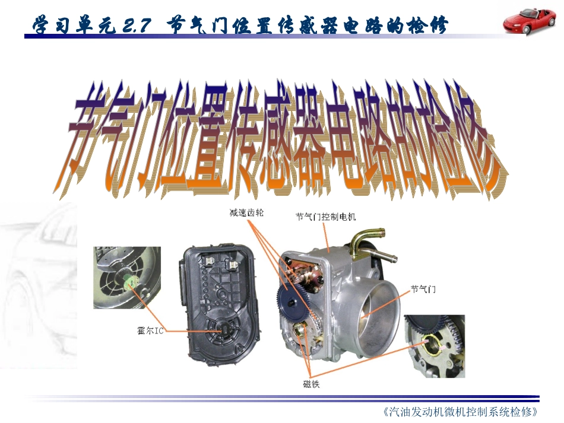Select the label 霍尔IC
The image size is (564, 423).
150,330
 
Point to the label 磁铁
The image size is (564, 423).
311,384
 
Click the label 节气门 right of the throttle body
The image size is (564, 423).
423,289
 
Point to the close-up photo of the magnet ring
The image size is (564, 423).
434,346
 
